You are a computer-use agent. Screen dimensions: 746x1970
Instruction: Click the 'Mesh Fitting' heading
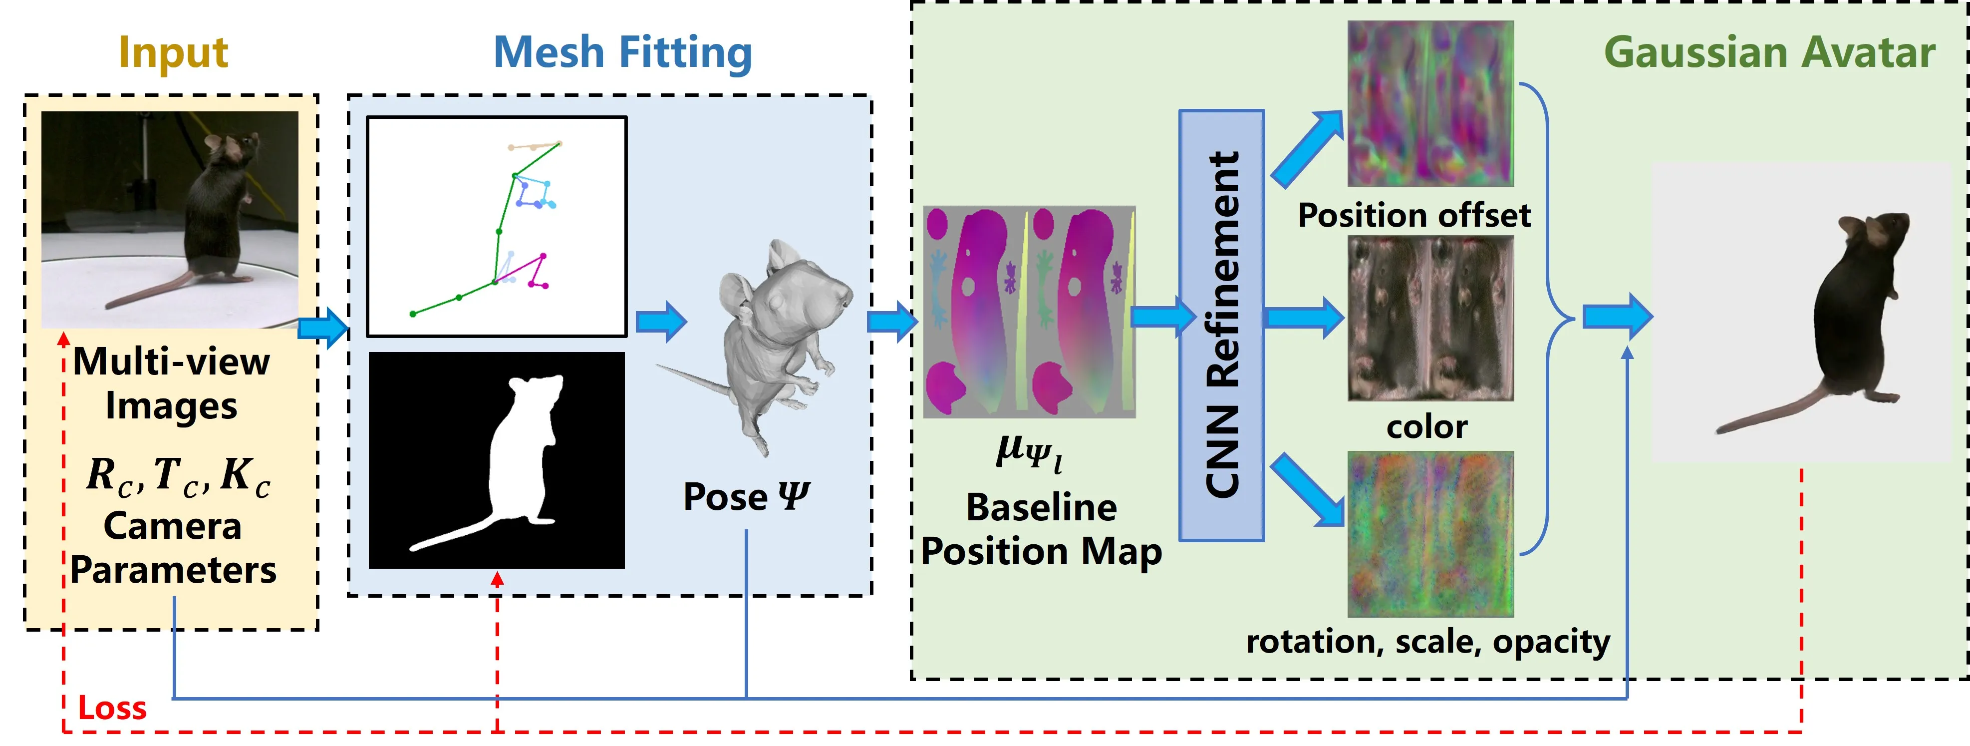tap(622, 53)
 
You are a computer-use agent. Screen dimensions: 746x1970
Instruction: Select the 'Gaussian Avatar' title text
tap(1769, 53)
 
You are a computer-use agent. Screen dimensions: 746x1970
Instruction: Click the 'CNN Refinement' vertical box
tap(1221, 325)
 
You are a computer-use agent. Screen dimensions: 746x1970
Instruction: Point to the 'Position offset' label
tap(1414, 215)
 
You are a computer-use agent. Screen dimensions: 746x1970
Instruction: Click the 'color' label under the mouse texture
tap(1427, 426)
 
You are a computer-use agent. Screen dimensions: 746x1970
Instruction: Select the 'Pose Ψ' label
tap(746, 496)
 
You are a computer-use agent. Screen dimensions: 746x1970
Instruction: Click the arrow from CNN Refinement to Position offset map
tap(1306, 148)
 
